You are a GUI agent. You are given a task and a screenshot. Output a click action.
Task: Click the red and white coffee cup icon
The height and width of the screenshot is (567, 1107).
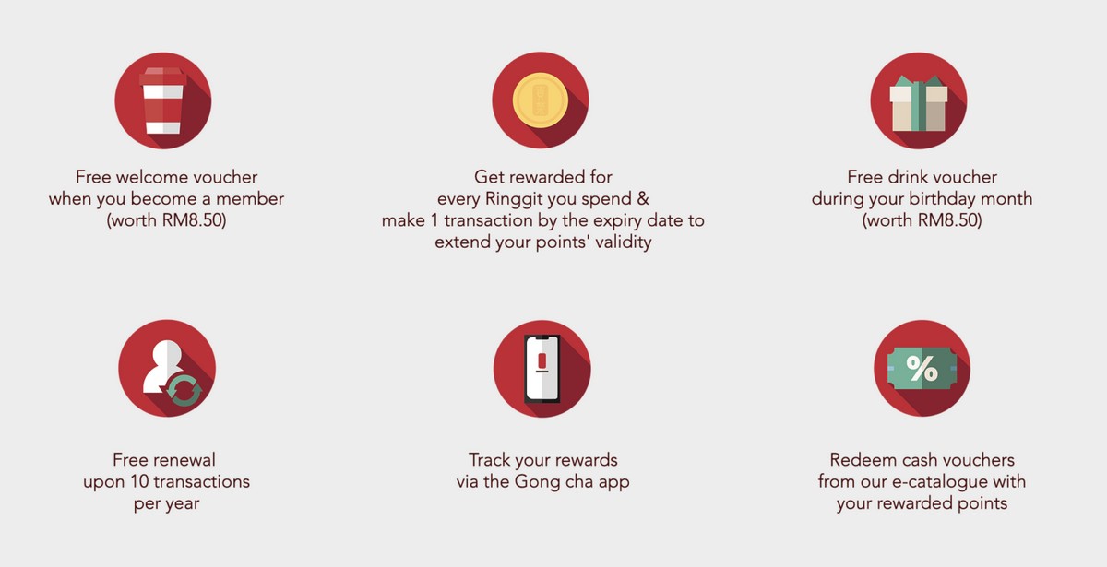click(x=163, y=100)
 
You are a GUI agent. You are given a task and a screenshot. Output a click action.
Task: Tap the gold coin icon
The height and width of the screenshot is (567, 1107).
click(x=541, y=100)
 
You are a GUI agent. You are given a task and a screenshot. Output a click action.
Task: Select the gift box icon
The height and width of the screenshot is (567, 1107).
click(x=919, y=103)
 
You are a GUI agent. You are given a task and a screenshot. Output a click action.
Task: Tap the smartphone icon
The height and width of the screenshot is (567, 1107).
click(x=542, y=369)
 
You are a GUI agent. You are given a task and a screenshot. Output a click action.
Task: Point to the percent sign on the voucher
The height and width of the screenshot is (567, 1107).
click(x=922, y=369)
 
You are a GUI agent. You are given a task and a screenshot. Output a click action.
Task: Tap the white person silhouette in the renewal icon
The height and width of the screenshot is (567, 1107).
click(x=162, y=367)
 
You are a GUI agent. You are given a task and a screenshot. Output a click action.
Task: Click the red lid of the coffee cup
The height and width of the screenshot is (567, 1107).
click(x=163, y=76)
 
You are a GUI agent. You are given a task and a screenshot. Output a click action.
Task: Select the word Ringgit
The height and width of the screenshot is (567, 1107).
click(x=510, y=198)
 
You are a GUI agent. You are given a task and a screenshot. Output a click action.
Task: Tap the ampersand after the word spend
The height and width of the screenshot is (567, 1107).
click(x=642, y=198)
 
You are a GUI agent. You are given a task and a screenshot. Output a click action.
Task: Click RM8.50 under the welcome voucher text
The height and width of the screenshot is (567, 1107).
click(x=194, y=219)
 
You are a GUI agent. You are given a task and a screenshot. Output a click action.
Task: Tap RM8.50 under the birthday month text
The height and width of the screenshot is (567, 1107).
click(x=949, y=219)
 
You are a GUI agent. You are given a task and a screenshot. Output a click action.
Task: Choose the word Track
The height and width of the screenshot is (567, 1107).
click(x=489, y=460)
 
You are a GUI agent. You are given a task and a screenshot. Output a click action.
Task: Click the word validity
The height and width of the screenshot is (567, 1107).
click(x=624, y=242)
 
